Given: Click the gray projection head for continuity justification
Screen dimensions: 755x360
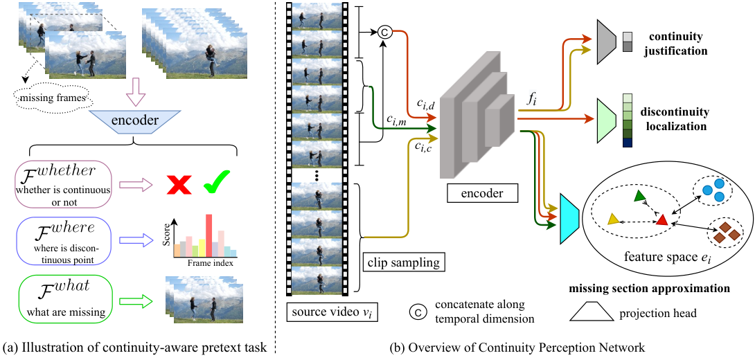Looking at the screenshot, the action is [x=606, y=42].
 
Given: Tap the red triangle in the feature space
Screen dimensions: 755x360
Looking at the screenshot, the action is [x=661, y=220].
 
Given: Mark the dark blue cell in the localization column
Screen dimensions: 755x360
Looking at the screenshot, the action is [x=626, y=143].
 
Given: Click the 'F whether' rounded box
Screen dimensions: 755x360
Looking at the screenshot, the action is [x=64, y=184].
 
